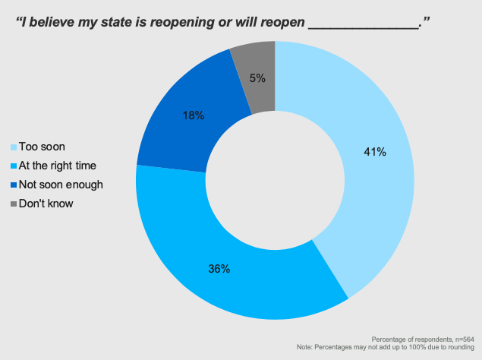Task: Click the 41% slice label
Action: pos(375,152)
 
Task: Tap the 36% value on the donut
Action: pos(220,268)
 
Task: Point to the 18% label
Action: pos(193,115)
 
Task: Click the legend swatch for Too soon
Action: pos(12,147)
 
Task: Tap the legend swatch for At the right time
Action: pos(12,166)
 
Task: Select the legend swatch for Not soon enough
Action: pos(12,185)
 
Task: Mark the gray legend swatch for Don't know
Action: pos(12,203)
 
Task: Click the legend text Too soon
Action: pos(43,147)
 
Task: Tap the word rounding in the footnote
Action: pos(461,347)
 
